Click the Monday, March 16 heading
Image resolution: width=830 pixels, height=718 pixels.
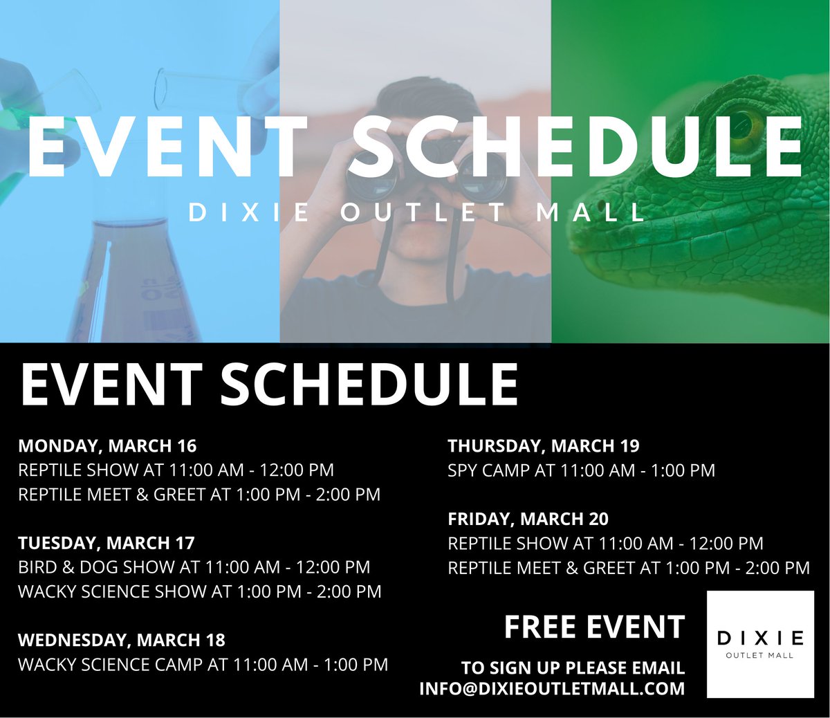tap(107, 445)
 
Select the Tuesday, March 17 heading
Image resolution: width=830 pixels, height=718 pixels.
tap(107, 542)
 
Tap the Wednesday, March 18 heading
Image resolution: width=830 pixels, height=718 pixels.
tap(122, 640)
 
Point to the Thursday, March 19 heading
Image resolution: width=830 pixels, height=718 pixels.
tap(544, 445)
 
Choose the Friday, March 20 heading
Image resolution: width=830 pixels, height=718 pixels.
tap(528, 519)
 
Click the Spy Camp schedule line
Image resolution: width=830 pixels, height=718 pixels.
tap(581, 470)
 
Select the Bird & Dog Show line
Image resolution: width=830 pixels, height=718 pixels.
tap(194, 567)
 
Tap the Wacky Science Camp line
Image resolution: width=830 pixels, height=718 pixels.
tap(203, 665)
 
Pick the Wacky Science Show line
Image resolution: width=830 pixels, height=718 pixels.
tap(199, 591)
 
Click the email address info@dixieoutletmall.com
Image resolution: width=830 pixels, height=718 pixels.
tap(551, 689)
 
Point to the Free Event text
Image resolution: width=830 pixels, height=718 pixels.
tap(594, 627)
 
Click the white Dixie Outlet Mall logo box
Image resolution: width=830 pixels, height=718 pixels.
tap(760, 644)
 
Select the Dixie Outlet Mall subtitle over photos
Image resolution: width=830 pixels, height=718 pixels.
tap(416, 212)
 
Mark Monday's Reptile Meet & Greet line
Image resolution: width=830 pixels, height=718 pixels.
tap(199, 495)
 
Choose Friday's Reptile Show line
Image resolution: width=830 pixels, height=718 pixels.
tap(605, 544)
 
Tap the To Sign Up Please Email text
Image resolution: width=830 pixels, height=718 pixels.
tap(573, 668)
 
